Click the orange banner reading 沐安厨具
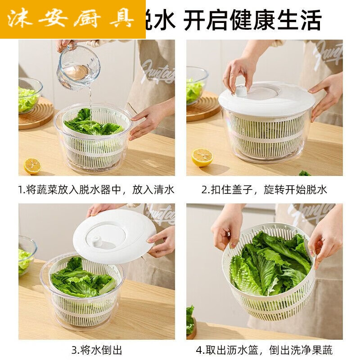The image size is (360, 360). click(72, 19)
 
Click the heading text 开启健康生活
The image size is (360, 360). click(252, 20)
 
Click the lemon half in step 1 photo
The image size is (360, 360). click(32, 166)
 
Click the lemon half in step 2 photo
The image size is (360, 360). click(202, 157)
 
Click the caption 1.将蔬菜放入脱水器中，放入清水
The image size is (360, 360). click(96, 189)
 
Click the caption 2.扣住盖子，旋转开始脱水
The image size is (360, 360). click(264, 189)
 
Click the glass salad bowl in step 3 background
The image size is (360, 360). click(26, 255)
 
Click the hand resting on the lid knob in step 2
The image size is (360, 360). click(239, 72)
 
